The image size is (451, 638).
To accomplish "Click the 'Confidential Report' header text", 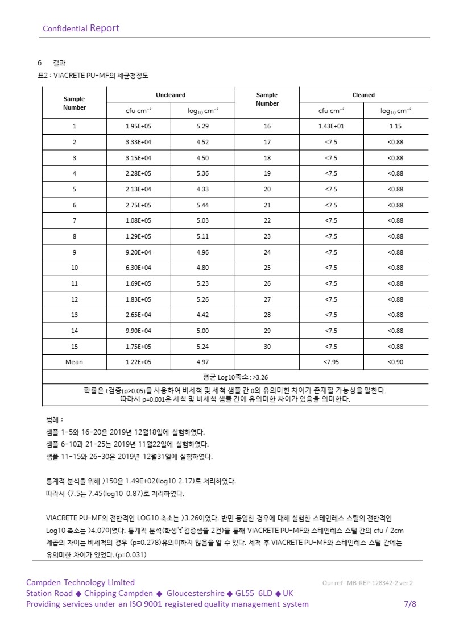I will (x=81, y=28).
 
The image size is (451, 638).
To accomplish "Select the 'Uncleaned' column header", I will (x=171, y=95).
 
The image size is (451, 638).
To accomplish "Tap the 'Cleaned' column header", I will (x=363, y=95).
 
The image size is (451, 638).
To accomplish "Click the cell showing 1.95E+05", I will (x=139, y=126).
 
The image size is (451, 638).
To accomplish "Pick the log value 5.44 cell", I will (x=203, y=205).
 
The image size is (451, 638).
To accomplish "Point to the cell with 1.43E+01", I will (x=331, y=126).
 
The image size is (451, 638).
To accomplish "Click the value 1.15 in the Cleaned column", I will (x=395, y=126).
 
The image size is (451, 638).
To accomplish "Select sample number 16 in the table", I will (x=267, y=126).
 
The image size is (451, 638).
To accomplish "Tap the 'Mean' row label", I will (x=75, y=362).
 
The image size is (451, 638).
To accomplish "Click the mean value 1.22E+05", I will (x=139, y=362).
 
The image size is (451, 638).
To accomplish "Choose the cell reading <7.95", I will (x=331, y=362).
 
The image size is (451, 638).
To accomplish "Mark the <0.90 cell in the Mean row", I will (x=395, y=362).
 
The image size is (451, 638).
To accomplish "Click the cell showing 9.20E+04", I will (x=139, y=252).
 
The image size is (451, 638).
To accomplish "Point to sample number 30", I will (x=267, y=347).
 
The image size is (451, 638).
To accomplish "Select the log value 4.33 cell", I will (x=203, y=189).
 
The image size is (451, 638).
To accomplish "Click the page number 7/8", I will (x=409, y=604).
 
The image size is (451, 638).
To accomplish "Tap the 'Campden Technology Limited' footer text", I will (x=80, y=582).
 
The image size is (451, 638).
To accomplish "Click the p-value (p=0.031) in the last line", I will (x=131, y=555).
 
